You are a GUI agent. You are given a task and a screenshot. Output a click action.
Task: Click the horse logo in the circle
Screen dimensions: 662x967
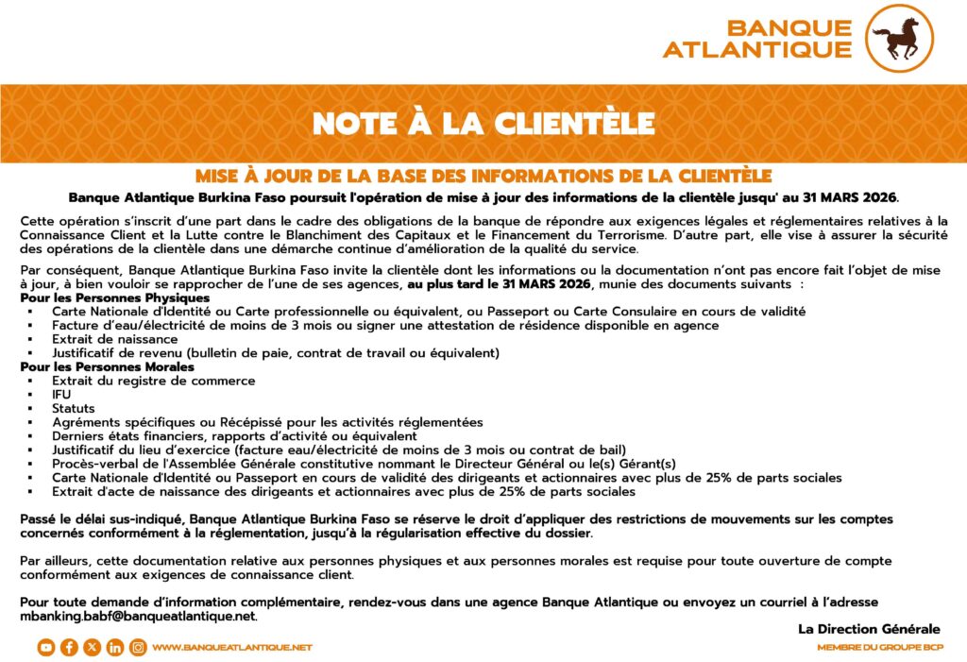(899, 39)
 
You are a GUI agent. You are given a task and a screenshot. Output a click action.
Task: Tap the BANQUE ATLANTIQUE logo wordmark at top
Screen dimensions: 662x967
(756, 39)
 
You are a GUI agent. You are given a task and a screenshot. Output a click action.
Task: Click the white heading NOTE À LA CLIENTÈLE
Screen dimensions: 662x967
(483, 124)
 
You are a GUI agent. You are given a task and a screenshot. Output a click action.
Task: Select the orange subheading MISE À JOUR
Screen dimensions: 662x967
(483, 176)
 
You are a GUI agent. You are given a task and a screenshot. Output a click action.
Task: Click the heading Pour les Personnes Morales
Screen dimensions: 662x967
(107, 366)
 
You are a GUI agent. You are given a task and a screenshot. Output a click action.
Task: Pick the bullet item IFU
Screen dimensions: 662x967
(62, 394)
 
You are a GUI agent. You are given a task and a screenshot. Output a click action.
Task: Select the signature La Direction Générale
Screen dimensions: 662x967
(869, 629)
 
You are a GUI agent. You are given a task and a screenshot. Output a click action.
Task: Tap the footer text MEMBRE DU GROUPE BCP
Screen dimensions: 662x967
(878, 648)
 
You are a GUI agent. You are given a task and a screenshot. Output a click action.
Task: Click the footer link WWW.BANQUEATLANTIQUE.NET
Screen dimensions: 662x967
(231, 648)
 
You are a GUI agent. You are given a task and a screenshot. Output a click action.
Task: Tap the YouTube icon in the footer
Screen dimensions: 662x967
(45, 648)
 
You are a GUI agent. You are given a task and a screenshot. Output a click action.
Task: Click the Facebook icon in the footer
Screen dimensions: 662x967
(69, 648)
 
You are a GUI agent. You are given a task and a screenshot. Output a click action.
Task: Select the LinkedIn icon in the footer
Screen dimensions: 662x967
(115, 648)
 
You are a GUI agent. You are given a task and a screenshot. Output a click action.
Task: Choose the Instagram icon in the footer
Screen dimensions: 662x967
(138, 648)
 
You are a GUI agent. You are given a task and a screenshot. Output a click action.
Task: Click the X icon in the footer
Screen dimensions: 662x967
(92, 648)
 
